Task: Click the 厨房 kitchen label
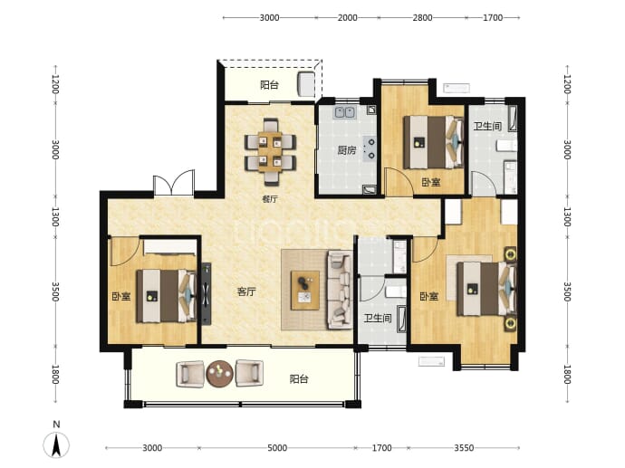coord(346,150)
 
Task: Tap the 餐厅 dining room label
coord(270,199)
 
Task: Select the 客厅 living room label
coord(246,292)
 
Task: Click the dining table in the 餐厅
coord(270,152)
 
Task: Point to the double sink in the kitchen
coord(345,112)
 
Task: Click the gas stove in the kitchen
coord(370,148)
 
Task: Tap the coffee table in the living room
coord(305,290)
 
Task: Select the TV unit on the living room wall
coord(206,294)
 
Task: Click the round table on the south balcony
coord(219,374)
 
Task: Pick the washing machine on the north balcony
coord(306,84)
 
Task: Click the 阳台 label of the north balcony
coord(269,85)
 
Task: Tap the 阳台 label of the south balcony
coord(299,378)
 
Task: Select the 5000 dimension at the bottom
coord(277,448)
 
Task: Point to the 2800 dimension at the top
coord(422,17)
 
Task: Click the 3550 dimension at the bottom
coord(464,448)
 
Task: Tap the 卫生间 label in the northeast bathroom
coord(487,126)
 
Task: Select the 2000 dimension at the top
coord(348,17)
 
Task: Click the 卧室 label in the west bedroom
coord(120,297)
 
